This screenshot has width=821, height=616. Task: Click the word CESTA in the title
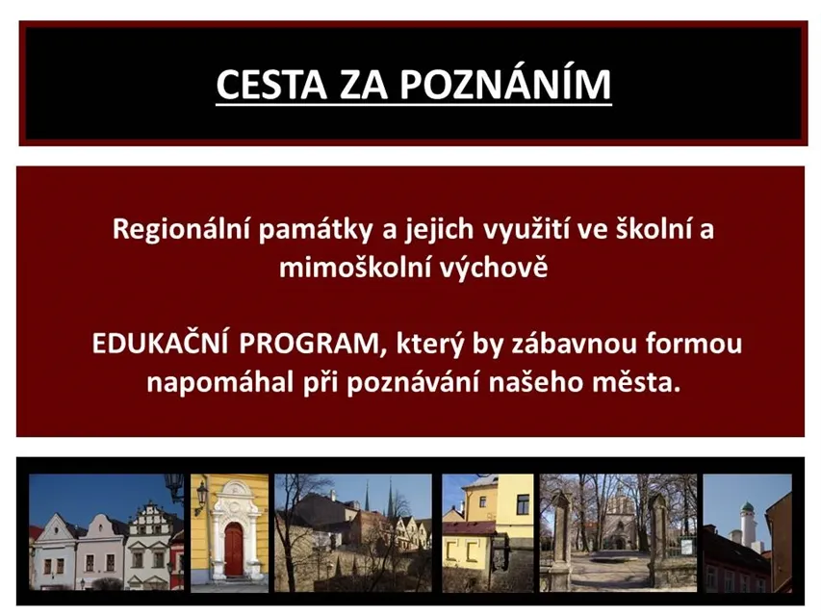coord(271,85)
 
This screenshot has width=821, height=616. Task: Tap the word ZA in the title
coord(364,85)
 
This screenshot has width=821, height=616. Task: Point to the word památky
coord(315,230)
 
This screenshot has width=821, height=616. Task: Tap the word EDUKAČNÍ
coord(160,343)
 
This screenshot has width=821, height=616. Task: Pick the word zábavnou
coord(574,345)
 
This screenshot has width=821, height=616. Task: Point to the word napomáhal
coord(219,383)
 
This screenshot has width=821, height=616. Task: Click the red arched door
coord(234,549)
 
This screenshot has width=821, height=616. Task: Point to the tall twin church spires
coord(378,500)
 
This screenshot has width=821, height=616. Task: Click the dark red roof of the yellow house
coord(469,527)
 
